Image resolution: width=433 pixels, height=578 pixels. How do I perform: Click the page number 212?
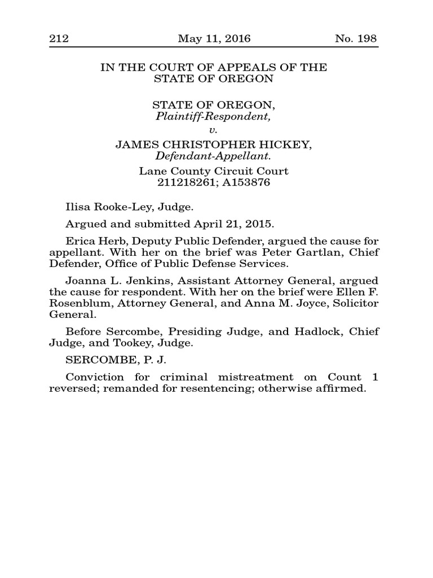tap(59, 39)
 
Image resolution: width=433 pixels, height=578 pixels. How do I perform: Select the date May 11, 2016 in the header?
tap(214, 39)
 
